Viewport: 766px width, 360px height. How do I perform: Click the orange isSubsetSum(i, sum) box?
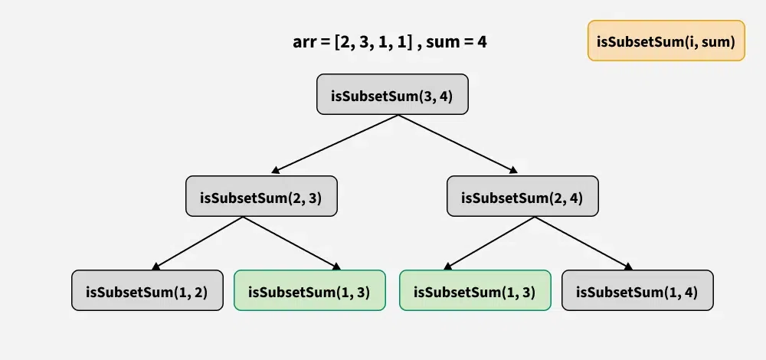pos(666,41)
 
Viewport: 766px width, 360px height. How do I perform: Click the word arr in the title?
pos(305,41)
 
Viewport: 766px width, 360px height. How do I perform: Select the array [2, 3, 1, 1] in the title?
pos(371,41)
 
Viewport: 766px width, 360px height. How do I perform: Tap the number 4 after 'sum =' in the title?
pos(483,41)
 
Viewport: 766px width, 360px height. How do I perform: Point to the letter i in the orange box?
pos(692,41)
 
